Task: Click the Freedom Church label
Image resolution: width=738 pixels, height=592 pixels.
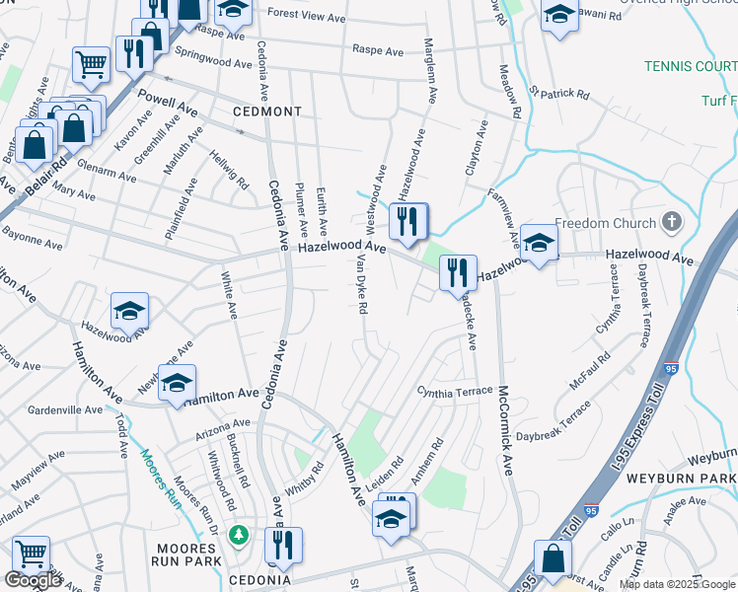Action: point(605,223)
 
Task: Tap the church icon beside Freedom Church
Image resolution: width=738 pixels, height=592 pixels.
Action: point(672,221)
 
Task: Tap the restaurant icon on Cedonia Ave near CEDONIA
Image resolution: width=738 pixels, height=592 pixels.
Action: point(283,545)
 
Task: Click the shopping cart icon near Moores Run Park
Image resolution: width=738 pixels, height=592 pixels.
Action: point(31,555)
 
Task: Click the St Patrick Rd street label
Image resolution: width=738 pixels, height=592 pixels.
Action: point(559,95)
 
